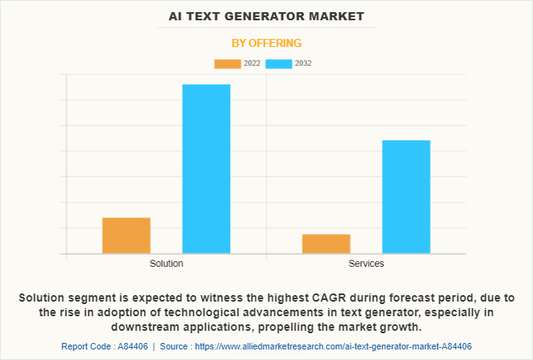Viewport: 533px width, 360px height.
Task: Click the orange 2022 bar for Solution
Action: point(127,235)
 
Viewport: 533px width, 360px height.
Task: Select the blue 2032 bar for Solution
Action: point(206,169)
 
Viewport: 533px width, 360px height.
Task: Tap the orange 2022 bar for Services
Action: point(326,244)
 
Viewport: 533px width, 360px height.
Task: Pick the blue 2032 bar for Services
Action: point(406,197)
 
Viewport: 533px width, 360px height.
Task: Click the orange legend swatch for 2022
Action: point(227,64)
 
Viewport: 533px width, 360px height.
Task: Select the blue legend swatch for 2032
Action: point(279,64)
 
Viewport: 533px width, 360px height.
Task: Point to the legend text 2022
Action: point(251,63)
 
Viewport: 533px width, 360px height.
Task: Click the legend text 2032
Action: point(303,63)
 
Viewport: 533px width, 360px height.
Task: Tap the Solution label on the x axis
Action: point(166,264)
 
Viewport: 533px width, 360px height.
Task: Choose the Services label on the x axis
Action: point(367,264)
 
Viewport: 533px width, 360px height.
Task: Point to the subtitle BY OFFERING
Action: point(266,43)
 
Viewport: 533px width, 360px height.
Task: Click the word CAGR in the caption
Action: point(327,298)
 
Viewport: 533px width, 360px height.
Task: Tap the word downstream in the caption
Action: point(145,327)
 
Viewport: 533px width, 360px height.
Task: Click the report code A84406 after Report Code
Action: point(133,346)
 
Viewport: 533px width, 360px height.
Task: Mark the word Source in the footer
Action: point(174,346)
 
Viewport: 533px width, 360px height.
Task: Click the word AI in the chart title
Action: point(175,16)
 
